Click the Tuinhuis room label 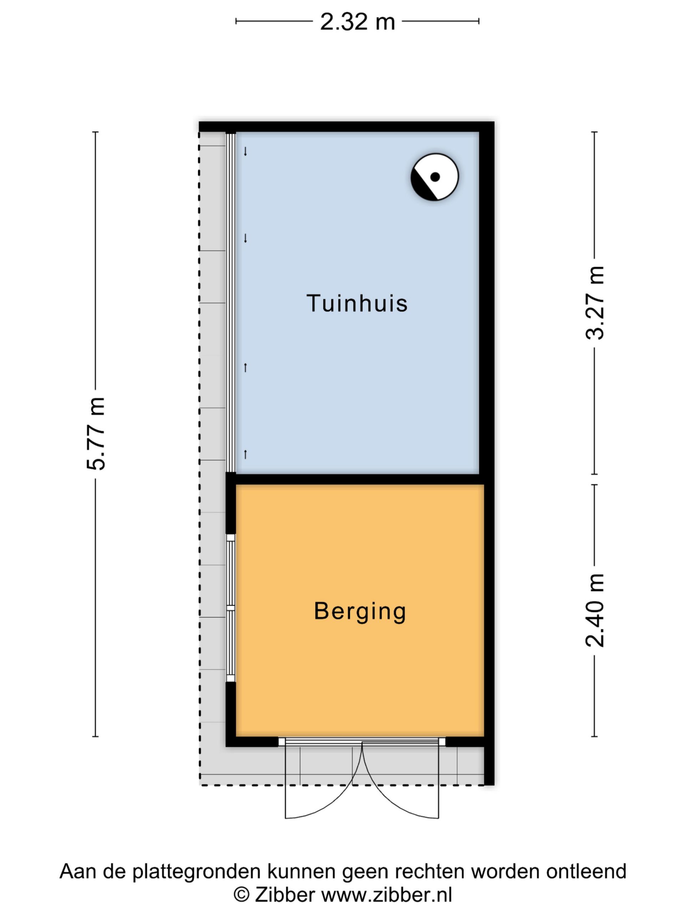pyautogui.click(x=357, y=303)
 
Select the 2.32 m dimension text pyautogui.click(x=357, y=21)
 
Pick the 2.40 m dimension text pyautogui.click(x=595, y=610)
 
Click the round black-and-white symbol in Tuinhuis pyautogui.click(x=435, y=177)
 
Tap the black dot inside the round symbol pyautogui.click(x=435, y=177)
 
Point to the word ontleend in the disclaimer pyautogui.click(x=586, y=872)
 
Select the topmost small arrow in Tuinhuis pyautogui.click(x=245, y=152)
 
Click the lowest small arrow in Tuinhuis pyautogui.click(x=245, y=454)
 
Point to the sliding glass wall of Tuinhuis pyautogui.click(x=231, y=303)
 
